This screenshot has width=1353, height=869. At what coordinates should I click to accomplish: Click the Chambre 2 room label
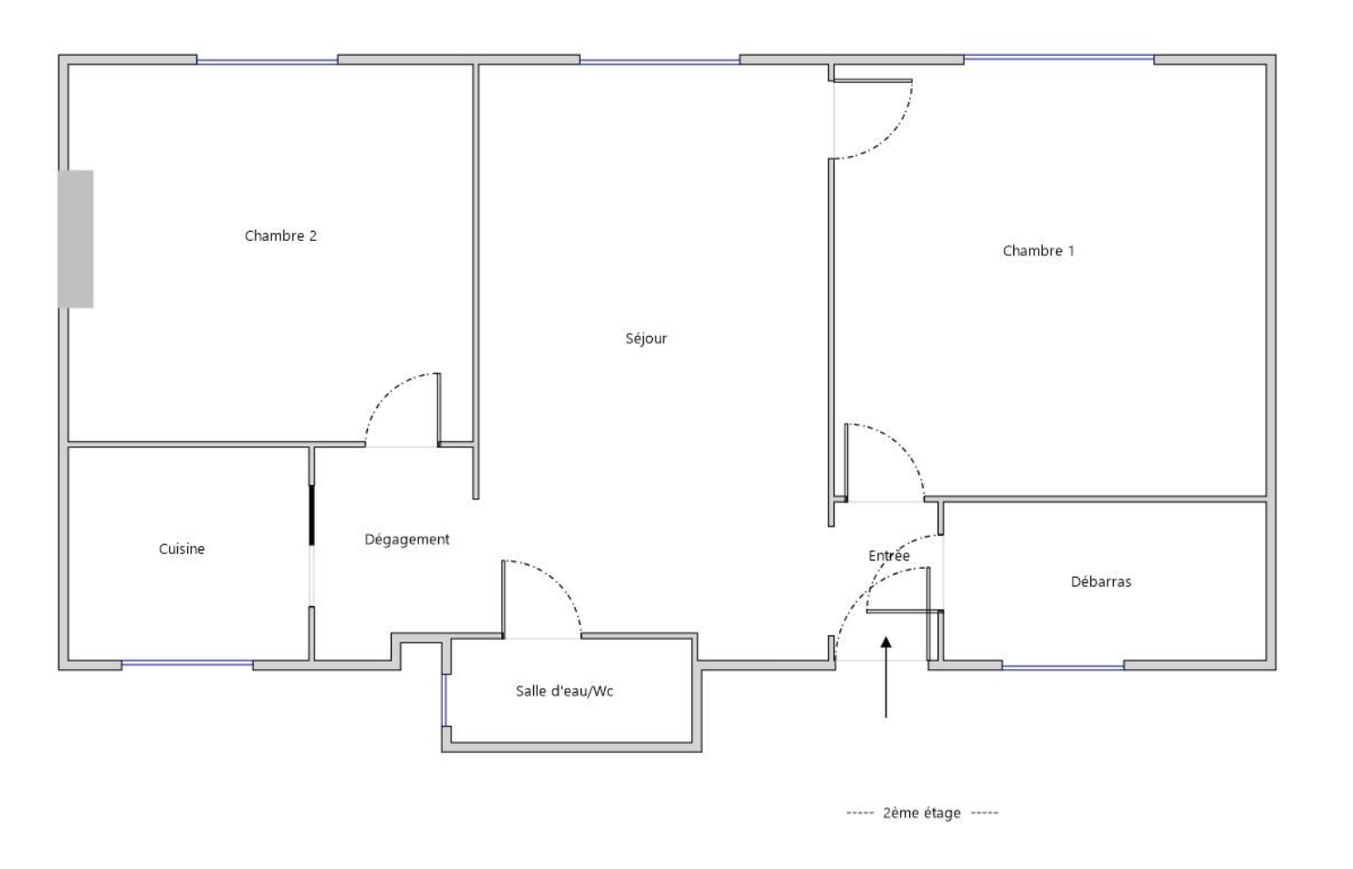[x=280, y=236]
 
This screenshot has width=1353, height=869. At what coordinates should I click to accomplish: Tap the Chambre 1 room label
[x=1038, y=251]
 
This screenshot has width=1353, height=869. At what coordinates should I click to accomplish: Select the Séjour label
[x=646, y=338]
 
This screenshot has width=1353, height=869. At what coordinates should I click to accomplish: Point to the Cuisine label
[x=182, y=549]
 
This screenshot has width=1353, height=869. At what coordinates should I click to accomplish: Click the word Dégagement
[x=407, y=539]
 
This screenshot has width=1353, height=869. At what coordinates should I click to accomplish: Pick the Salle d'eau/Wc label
[x=565, y=691]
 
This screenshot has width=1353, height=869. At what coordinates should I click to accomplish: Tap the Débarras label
[x=1101, y=581]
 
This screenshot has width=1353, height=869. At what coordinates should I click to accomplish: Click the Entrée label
[x=889, y=556]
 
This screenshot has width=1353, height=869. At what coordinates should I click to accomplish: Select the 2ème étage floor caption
[x=922, y=812]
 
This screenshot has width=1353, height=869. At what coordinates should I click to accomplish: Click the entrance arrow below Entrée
[x=886, y=677]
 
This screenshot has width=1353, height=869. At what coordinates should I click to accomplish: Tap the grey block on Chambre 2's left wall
[x=76, y=239]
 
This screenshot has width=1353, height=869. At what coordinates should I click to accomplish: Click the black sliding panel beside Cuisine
[x=311, y=515]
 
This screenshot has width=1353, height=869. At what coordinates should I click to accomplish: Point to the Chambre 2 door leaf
[x=438, y=409]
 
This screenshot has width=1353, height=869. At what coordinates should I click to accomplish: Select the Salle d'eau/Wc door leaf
[x=502, y=599]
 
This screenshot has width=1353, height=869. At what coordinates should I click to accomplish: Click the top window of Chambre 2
[x=267, y=61]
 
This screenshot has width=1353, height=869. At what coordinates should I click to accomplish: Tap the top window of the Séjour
[x=660, y=61]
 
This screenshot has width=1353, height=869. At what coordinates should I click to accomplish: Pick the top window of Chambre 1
[x=1059, y=58]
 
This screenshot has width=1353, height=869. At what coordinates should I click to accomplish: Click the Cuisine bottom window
[x=187, y=664]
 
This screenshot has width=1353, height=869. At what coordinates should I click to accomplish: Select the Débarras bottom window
[x=1063, y=666]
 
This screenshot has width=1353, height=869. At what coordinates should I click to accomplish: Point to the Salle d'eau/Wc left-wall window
[x=444, y=700]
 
